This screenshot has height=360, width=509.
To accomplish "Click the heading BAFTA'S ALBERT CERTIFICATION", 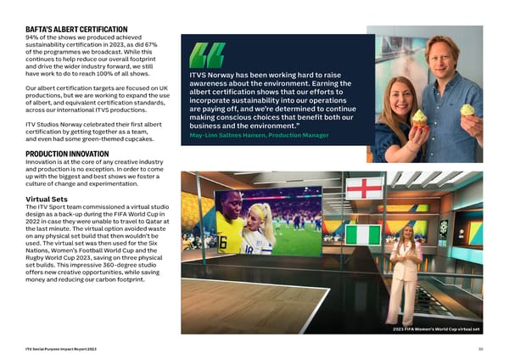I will click(x=77, y=30).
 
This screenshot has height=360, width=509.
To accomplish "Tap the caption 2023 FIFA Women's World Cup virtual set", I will click(x=438, y=329).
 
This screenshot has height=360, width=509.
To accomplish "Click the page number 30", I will click(x=479, y=348).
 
